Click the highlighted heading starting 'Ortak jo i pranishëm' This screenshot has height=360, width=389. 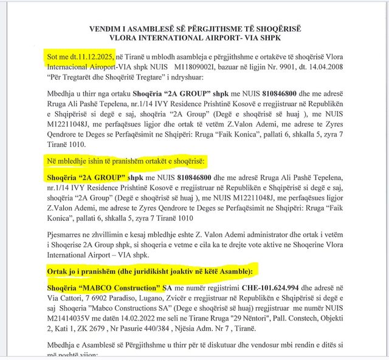coord(149,269)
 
